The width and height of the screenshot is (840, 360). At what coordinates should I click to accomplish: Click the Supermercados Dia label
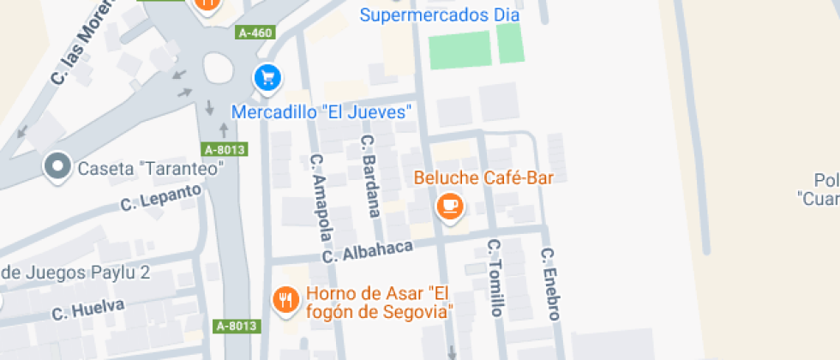coord(440,15)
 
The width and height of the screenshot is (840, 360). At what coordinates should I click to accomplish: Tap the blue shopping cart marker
coord(268,79)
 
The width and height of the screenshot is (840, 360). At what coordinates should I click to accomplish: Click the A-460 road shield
coord(255,33)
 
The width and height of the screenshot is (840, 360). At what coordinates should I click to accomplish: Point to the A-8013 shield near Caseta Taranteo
coord(225,149)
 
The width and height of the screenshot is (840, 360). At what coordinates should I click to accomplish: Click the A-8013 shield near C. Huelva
coord(235,326)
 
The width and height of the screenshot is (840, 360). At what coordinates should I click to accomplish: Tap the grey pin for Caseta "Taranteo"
coord(58,166)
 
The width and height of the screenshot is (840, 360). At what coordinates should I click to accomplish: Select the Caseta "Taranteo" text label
coord(150,168)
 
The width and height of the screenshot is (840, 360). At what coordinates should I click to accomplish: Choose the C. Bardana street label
coord(371,176)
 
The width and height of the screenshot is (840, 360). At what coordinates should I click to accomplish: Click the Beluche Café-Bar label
coord(483,178)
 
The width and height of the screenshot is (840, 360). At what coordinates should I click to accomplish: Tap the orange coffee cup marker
coord(450,206)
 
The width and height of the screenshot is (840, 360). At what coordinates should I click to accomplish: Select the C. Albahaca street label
coord(368,250)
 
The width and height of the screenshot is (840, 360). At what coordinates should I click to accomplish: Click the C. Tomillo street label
coord(495,277)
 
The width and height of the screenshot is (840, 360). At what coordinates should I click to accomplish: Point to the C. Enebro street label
coord(549,284)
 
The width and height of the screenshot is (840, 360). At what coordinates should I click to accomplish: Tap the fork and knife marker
coord(285,300)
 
